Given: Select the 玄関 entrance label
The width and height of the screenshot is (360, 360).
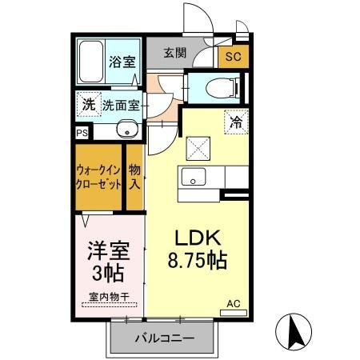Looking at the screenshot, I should [175, 54].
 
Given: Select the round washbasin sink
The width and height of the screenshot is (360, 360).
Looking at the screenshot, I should [125, 130].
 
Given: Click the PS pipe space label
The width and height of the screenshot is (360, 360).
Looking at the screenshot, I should [82, 134].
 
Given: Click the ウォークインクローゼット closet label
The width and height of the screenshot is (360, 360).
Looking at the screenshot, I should [99, 176].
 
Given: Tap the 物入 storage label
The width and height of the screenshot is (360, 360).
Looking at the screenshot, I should [135, 176].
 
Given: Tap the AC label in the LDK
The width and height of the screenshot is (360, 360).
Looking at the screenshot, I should [233, 304].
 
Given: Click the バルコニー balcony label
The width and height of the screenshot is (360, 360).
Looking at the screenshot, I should [165, 338].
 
